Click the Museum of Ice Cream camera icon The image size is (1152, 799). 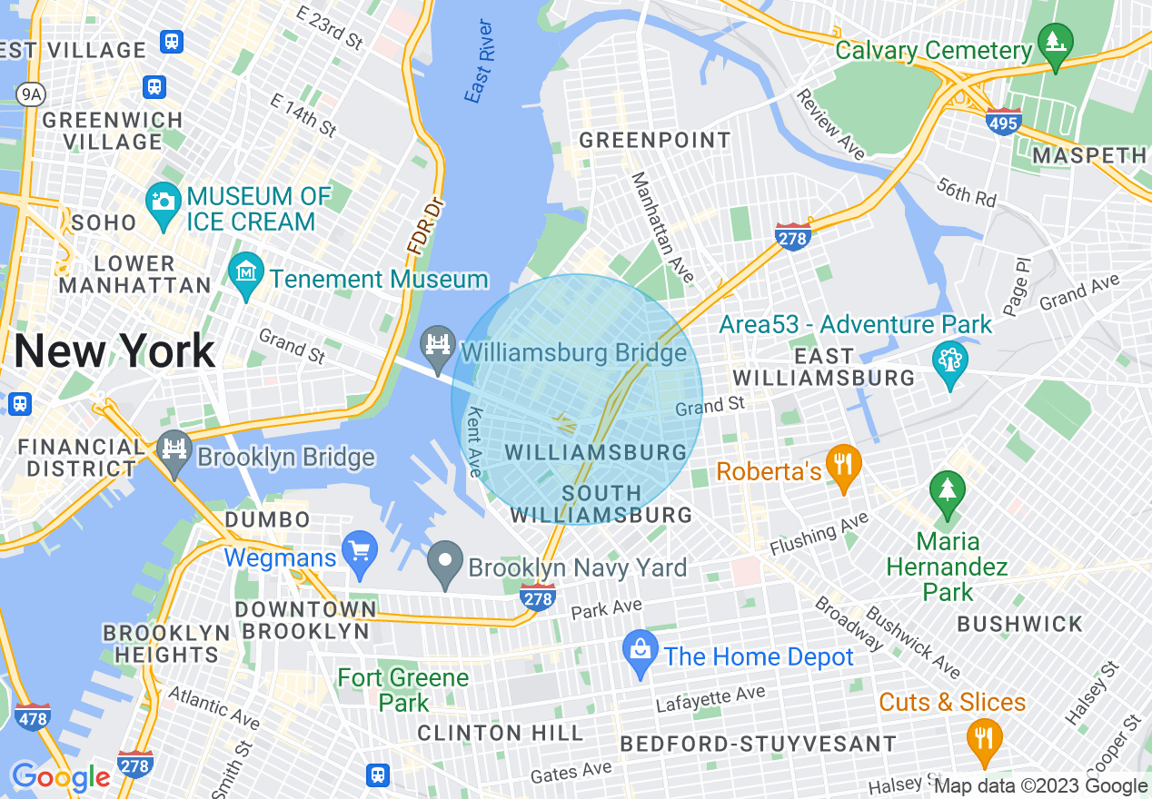pos(164,199)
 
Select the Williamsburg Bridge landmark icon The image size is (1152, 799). pos(438,344)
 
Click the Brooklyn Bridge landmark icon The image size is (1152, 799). pos(174,449)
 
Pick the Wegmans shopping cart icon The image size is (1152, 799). pos(361,550)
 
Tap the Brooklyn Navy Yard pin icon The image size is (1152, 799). pos(445,561)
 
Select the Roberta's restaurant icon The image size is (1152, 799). pos(845,464)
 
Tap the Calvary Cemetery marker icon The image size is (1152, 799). pos(1056,43)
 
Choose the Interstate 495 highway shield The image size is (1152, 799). pos(1002,121)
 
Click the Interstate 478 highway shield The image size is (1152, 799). pos(33,716)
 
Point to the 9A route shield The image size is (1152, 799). pos(31,94)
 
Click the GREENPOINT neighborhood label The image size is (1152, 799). pos(654,140)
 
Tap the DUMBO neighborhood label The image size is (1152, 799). pos(268,519)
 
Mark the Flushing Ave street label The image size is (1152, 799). pos(819,534)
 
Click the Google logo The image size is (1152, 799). pos(61,777)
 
